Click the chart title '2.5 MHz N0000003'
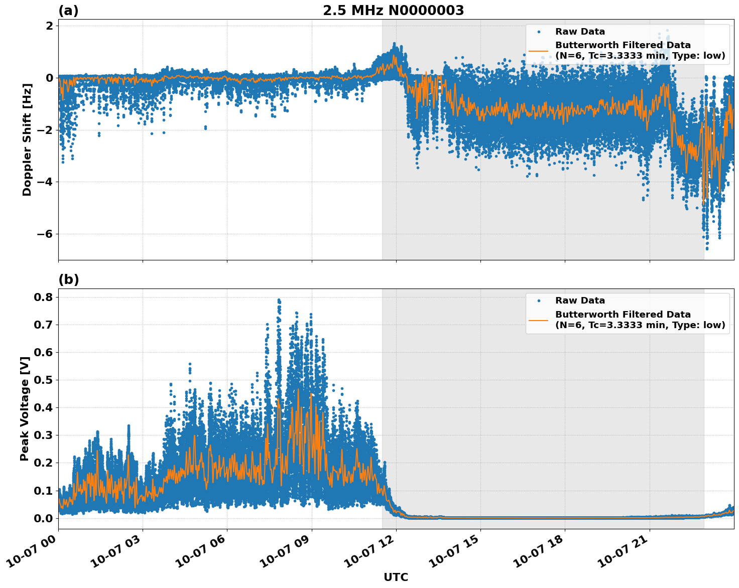pos(393,11)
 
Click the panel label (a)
pos(68,11)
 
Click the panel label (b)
pos(68,279)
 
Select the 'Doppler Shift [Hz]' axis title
pos(27,139)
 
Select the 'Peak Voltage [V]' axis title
pos(24,408)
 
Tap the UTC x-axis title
pos(396,577)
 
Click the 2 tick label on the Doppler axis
pos(49,26)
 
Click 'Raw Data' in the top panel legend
pos(580,32)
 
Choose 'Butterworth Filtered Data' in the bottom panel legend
pos(623,315)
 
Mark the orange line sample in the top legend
pos(538,50)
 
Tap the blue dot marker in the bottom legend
pos(538,301)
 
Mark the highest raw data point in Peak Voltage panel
pos(279,300)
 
